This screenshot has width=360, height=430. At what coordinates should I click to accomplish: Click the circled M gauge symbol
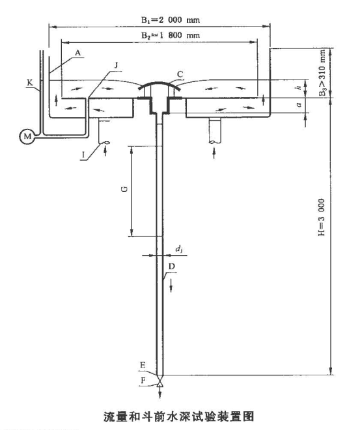27,137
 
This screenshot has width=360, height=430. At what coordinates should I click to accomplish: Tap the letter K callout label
30,83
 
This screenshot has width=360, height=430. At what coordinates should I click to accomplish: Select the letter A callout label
78,53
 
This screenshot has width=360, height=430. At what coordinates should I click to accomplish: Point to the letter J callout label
116,65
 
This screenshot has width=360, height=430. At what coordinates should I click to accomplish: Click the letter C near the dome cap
180,74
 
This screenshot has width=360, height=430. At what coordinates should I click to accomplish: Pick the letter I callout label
83,155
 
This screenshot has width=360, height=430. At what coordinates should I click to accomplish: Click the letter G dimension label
124,189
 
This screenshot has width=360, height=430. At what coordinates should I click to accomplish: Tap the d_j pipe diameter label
179,249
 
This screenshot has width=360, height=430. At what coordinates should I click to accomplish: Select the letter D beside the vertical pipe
172,266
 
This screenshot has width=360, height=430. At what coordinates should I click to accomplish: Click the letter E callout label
143,366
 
